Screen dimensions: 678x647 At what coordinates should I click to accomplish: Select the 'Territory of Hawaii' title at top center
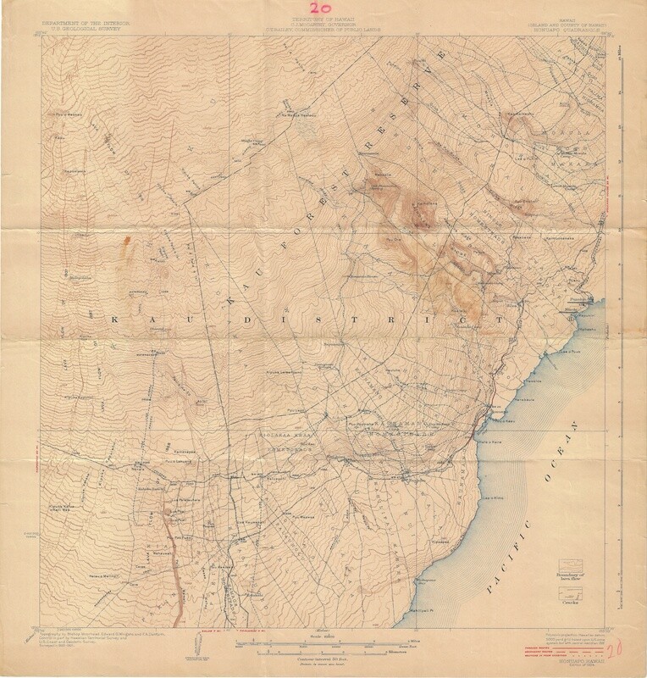point(323,18)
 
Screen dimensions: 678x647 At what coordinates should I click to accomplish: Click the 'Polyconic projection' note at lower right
point(565,632)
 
